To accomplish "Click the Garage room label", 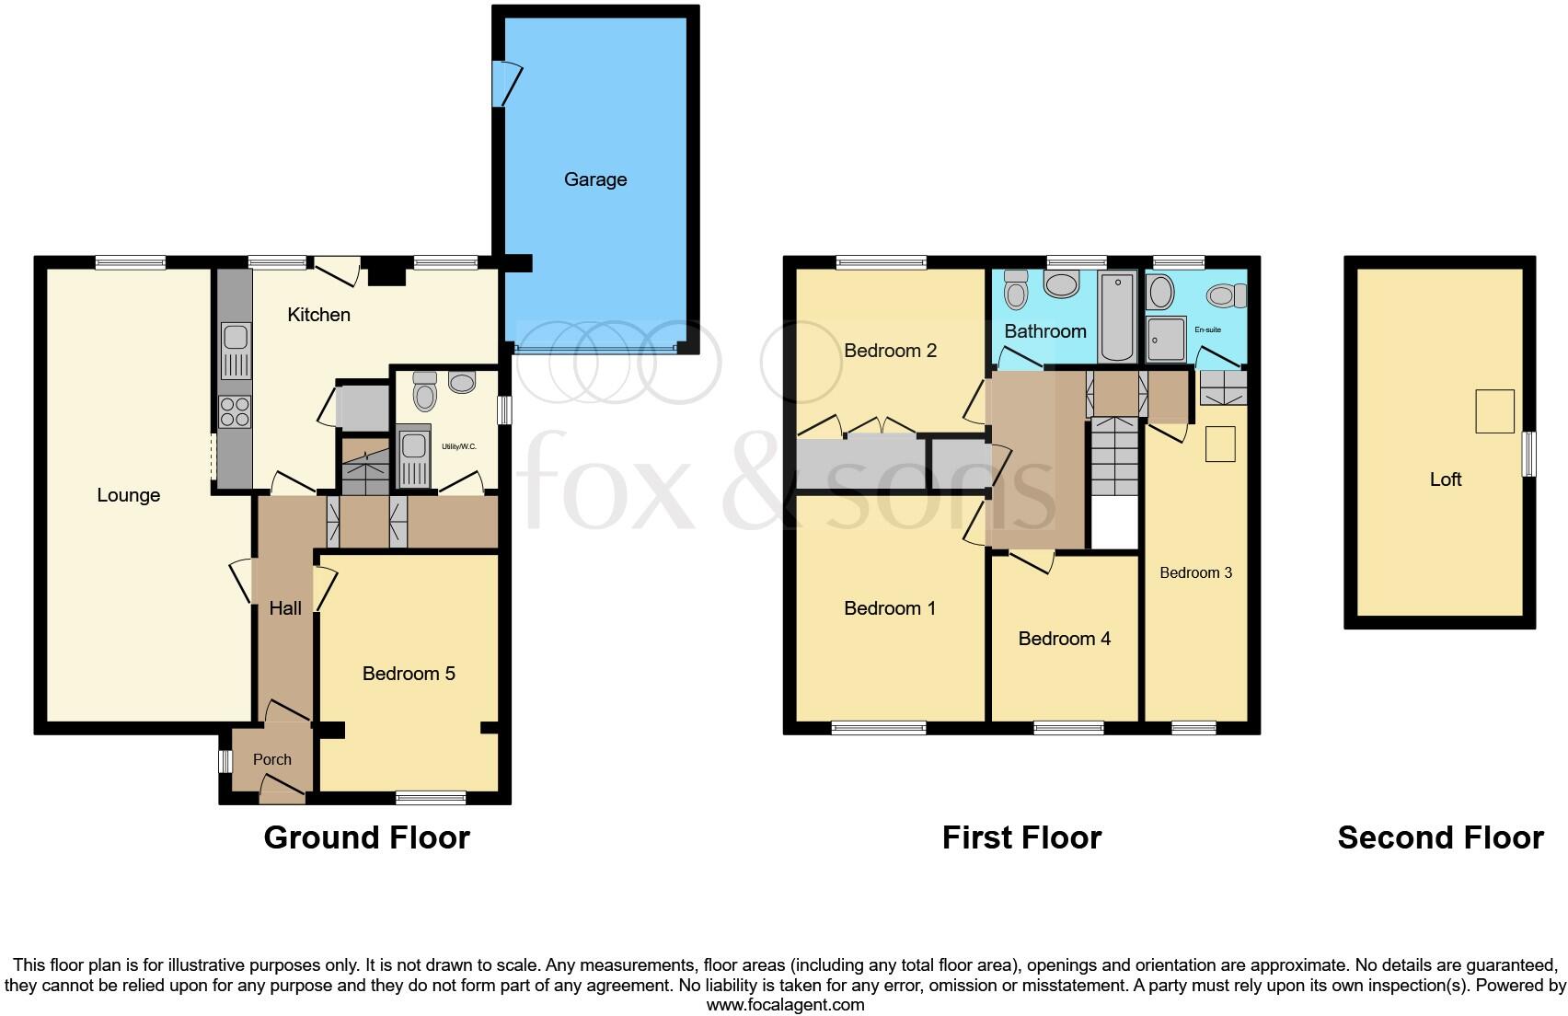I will point(595,179).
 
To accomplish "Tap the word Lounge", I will point(129,495).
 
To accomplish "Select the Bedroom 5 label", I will point(409,674).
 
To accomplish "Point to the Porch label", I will point(271,759).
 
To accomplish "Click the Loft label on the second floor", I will point(1446,479).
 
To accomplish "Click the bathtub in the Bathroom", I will point(1118,316).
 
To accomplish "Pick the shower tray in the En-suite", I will point(1167,340).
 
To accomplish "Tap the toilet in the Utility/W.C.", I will point(424,393).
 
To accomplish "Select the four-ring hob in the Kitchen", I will point(236,411).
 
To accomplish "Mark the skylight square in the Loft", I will point(1494,410).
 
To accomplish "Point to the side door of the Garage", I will point(504,84).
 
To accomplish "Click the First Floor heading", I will point(1021,837).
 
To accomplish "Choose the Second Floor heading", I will point(1440,837).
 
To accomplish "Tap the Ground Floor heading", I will point(366,837).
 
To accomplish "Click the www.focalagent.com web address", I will point(785,1005).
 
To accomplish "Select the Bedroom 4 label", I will point(1065,639).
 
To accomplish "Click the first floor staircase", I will point(1114,456).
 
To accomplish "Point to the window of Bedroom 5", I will point(432,797).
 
